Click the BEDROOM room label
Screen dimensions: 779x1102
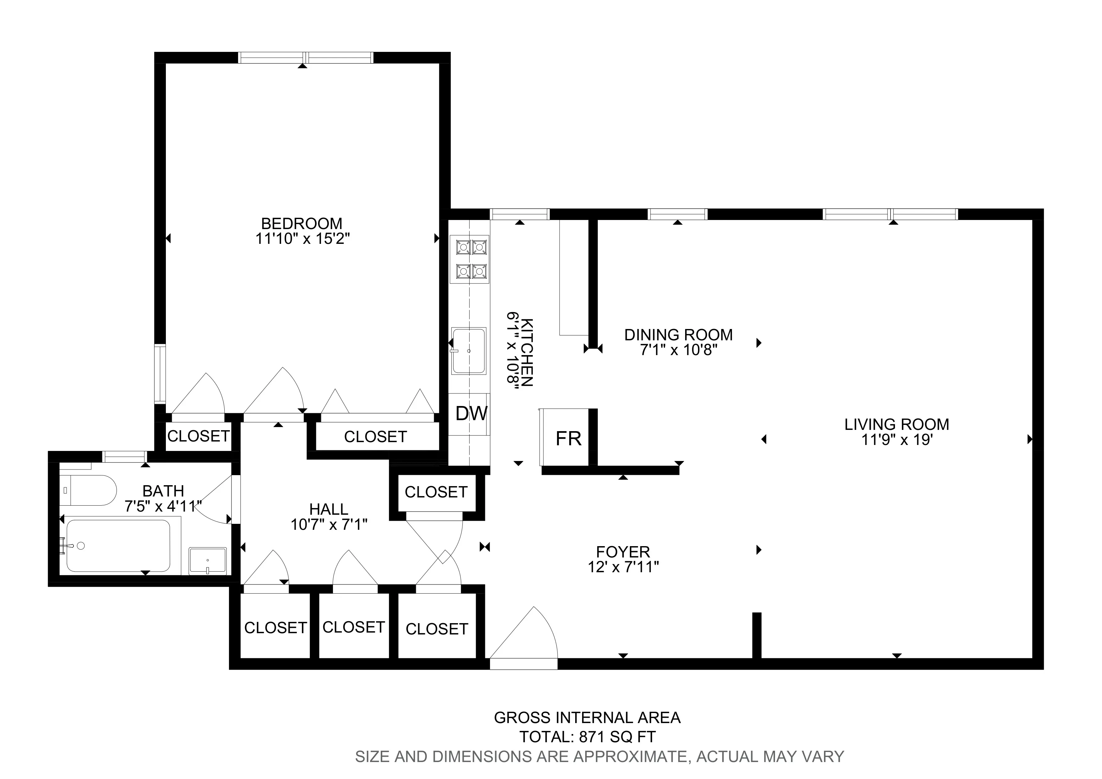(x=302, y=224)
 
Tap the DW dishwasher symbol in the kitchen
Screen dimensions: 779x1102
(x=471, y=413)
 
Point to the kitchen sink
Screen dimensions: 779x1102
(x=469, y=351)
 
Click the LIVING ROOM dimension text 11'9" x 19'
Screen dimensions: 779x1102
(x=896, y=440)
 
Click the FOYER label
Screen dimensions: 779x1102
(x=623, y=551)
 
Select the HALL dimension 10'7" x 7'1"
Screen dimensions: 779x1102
(x=329, y=524)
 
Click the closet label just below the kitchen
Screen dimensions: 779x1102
(x=436, y=492)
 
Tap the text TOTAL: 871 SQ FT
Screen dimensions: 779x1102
(x=587, y=737)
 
